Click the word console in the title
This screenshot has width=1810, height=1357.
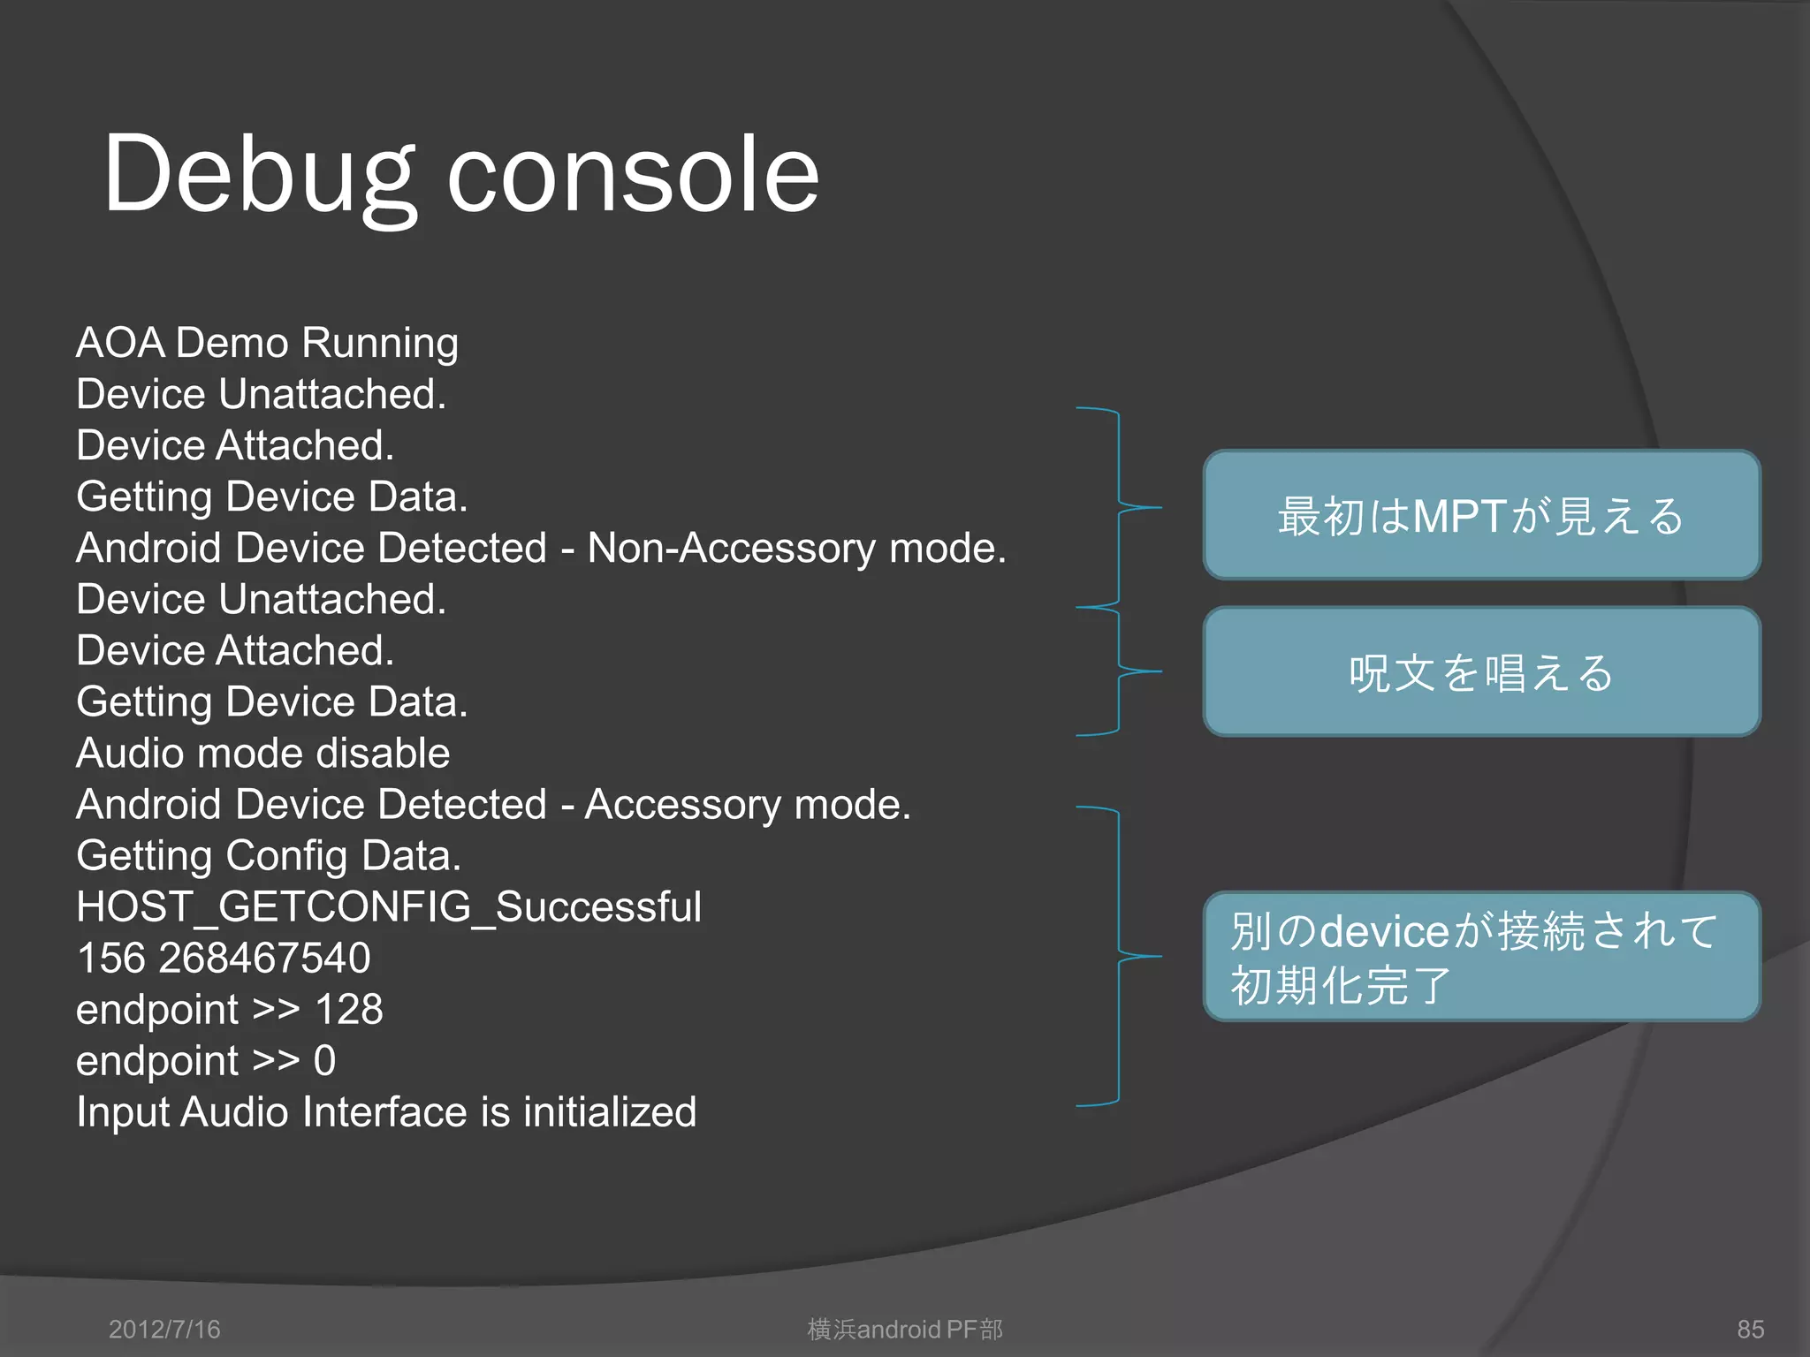coord(633,174)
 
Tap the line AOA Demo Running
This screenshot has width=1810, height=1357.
coord(267,343)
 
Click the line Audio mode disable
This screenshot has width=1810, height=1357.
coord(262,754)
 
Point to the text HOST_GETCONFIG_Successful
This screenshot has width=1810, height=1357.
coord(389,907)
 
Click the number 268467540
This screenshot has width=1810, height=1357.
coord(264,959)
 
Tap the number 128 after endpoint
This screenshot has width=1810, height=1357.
coord(348,1010)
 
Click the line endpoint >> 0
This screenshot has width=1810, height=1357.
coord(206,1061)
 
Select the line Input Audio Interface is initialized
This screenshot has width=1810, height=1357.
coord(386,1112)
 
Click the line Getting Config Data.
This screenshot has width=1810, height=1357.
coord(269,856)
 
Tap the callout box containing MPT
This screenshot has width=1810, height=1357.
coord(1481,515)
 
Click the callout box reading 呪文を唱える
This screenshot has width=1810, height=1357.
coord(1481,671)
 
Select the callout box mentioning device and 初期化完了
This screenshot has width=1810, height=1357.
coord(1481,957)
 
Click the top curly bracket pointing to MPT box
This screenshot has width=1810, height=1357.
coord(1120,508)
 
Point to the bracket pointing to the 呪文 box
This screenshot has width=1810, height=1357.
coord(1120,671)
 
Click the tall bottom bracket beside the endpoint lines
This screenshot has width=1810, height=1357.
coord(1120,956)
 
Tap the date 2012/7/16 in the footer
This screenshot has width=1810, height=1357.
coord(164,1330)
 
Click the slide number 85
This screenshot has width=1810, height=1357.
coord(1750,1330)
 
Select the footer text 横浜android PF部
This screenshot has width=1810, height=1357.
coord(905,1330)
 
